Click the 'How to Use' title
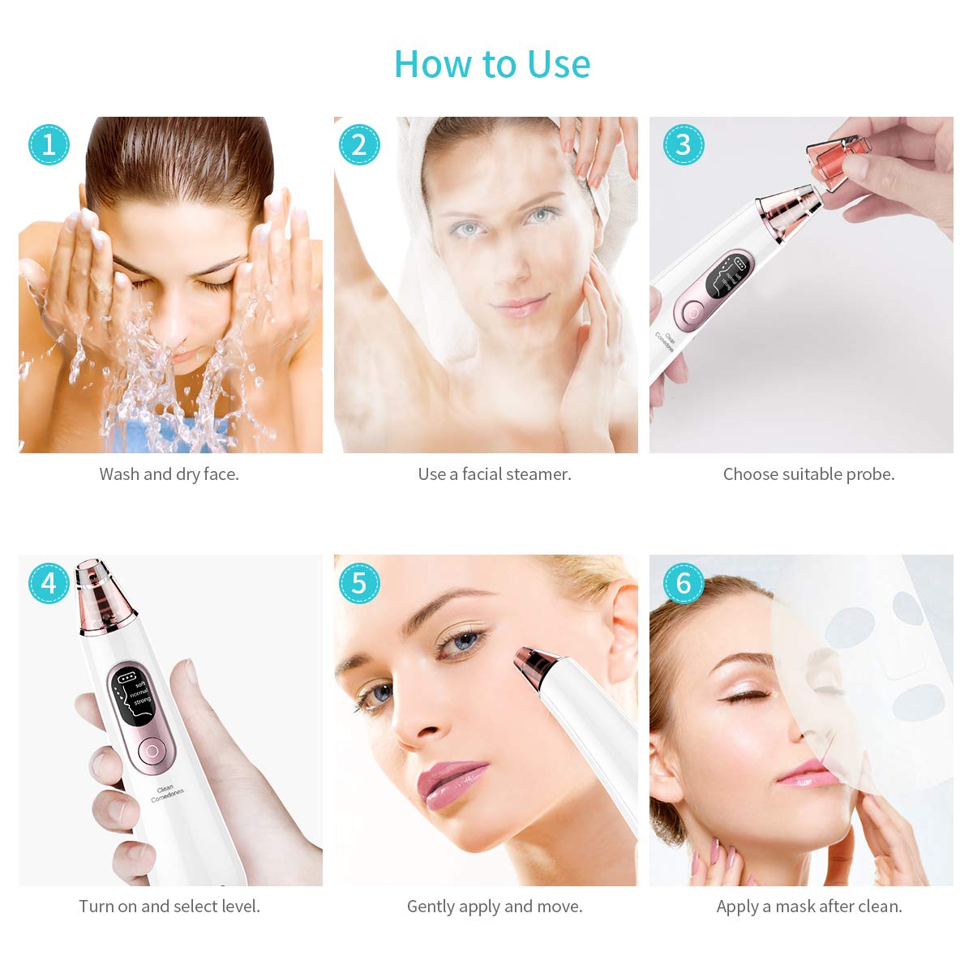coord(491,64)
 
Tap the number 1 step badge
coord(49,144)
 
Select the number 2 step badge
coord(358,144)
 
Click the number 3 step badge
coord(683,144)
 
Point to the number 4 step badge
coord(49,583)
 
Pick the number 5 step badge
coord(358,583)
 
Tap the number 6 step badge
coord(683,583)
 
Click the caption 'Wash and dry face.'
coord(169,474)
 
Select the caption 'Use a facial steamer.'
coord(495,474)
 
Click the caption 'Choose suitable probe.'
coord(808,474)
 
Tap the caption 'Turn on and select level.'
coord(169,907)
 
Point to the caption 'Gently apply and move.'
coord(495,907)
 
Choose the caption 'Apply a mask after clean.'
coord(808,907)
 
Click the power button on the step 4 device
coord(150,751)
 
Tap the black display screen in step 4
coord(133,698)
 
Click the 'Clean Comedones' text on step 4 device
coord(166,793)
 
